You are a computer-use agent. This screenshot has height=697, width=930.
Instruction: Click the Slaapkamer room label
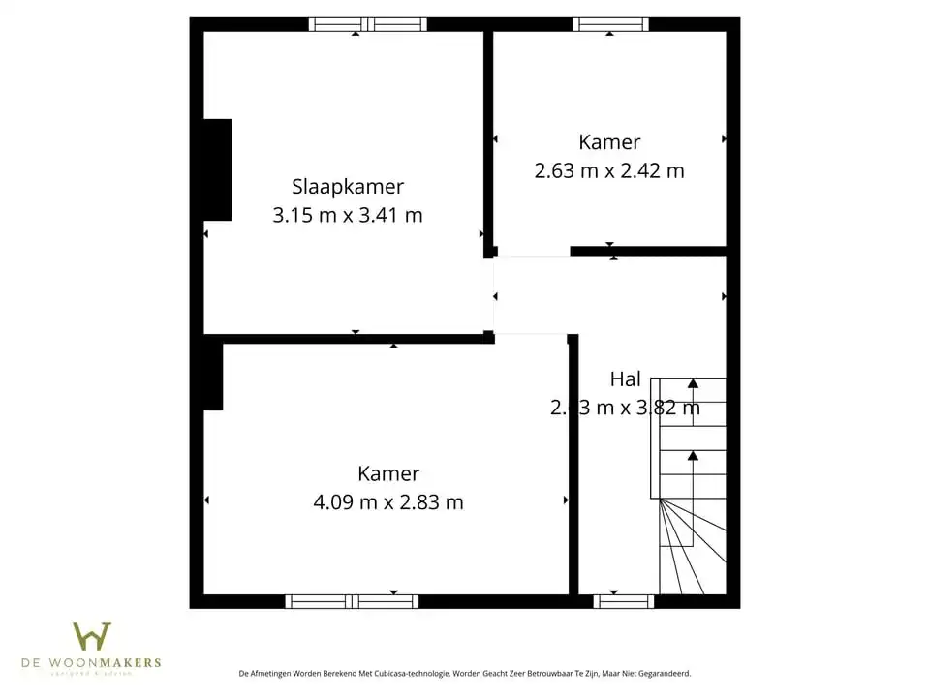tap(348, 187)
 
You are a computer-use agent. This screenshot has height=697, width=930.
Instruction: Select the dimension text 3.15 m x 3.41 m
tap(348, 215)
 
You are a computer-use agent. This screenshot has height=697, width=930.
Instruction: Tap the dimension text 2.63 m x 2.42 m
tap(609, 170)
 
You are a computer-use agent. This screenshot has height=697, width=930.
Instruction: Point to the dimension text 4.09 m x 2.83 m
tap(388, 502)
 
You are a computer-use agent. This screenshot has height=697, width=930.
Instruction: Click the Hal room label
tap(626, 379)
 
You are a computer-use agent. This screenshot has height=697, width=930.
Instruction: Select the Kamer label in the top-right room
tap(609, 142)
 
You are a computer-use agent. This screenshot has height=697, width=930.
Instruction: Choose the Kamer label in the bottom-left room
tap(388, 473)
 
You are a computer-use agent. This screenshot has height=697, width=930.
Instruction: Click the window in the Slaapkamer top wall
tap(368, 24)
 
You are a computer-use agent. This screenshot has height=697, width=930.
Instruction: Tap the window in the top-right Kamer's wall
tap(610, 24)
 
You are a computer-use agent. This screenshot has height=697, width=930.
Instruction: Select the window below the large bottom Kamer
tap(353, 601)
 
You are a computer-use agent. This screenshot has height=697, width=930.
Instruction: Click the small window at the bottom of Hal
tap(623, 601)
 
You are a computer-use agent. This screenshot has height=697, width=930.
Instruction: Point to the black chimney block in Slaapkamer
tap(218, 169)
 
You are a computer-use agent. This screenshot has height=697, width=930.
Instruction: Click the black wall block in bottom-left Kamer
tap(213, 377)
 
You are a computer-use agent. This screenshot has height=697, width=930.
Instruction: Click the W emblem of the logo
tap(92, 636)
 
